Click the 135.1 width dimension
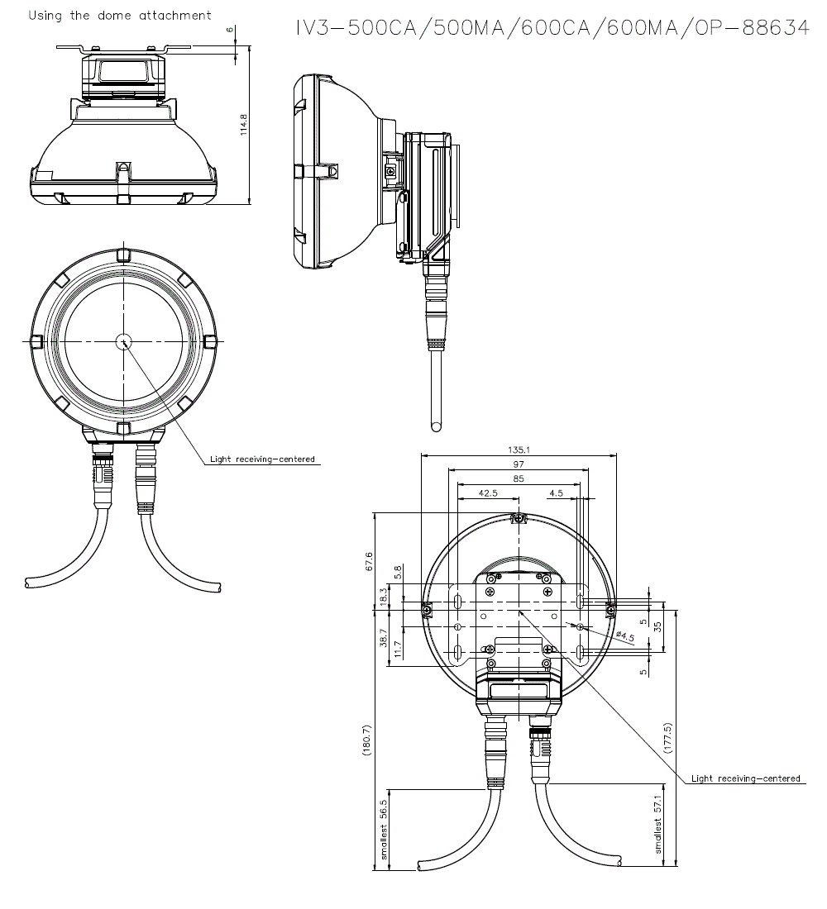(x=519, y=450)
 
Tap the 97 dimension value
(x=519, y=464)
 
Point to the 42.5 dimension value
(x=488, y=493)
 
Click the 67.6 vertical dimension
(x=369, y=561)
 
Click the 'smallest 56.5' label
(x=384, y=830)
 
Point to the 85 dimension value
(x=519, y=478)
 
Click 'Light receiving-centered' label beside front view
(x=262, y=459)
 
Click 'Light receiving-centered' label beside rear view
(x=746, y=778)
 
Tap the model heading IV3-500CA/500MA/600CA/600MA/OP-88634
(x=552, y=28)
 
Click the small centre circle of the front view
(x=123, y=341)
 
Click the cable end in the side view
(x=436, y=426)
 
